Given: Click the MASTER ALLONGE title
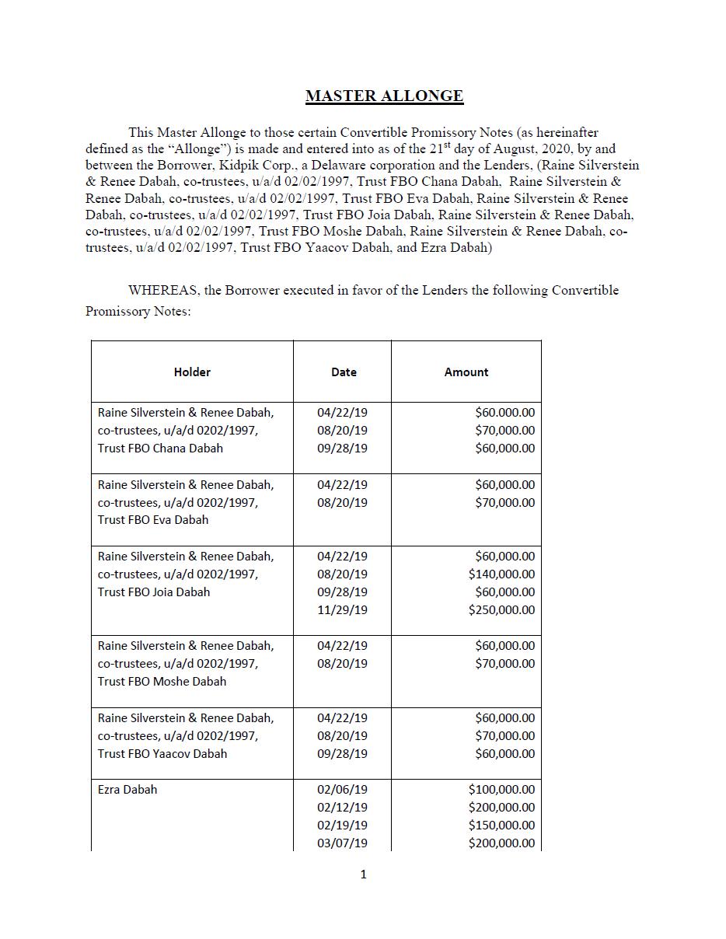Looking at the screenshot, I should click(x=384, y=96).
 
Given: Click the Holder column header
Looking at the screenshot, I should click(x=192, y=372).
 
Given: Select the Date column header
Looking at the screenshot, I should click(x=344, y=372).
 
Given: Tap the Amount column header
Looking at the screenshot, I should click(x=466, y=372).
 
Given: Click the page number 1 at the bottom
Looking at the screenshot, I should click(x=363, y=874).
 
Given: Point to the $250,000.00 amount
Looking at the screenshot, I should click(x=501, y=610).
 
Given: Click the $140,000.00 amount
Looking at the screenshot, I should click(x=501, y=574).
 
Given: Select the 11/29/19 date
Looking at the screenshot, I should click(x=342, y=610).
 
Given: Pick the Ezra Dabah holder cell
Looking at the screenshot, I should click(x=127, y=790).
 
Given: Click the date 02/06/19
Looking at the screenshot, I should click(x=342, y=790).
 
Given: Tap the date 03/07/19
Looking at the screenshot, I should click(x=342, y=843).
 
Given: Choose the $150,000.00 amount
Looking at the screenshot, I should click(x=501, y=826).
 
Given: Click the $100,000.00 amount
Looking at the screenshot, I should click(x=501, y=790).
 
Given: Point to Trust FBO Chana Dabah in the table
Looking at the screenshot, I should click(x=160, y=449).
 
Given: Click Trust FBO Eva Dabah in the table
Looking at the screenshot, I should click(x=153, y=520).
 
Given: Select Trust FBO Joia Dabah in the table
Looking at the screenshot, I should click(x=154, y=592).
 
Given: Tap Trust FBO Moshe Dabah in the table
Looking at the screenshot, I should click(x=162, y=682).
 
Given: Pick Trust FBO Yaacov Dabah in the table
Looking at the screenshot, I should click(x=162, y=754).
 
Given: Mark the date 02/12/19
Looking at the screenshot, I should click(x=342, y=808).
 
